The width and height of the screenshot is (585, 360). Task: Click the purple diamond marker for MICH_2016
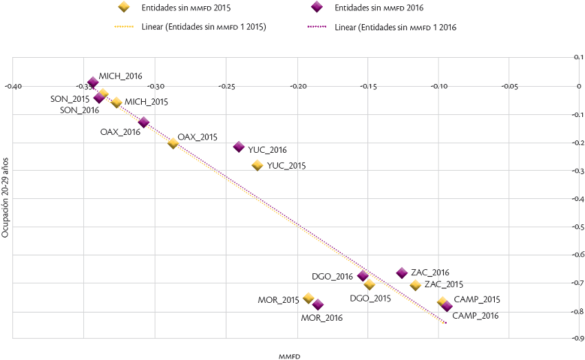[93, 83]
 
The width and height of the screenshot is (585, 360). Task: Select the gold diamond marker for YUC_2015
[257, 165]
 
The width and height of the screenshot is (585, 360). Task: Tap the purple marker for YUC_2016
[239, 147]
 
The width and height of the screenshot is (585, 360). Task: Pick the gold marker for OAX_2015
[173, 142]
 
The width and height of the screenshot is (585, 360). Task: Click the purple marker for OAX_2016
[144, 123]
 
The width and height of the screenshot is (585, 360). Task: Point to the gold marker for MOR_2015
[308, 298]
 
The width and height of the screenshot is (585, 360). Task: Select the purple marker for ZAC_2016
[402, 273]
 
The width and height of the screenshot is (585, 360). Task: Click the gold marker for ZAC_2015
[415, 285]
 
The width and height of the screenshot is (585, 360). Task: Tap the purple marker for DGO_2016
[363, 276]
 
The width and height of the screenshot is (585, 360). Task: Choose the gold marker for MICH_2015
[116, 103]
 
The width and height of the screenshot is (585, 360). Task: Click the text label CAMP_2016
[476, 315]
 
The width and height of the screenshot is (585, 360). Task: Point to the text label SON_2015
[70, 99]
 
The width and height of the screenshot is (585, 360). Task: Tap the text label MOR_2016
[321, 318]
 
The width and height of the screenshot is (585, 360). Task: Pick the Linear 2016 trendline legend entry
[396, 27]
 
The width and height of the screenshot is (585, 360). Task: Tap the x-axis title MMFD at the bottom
[289, 356]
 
